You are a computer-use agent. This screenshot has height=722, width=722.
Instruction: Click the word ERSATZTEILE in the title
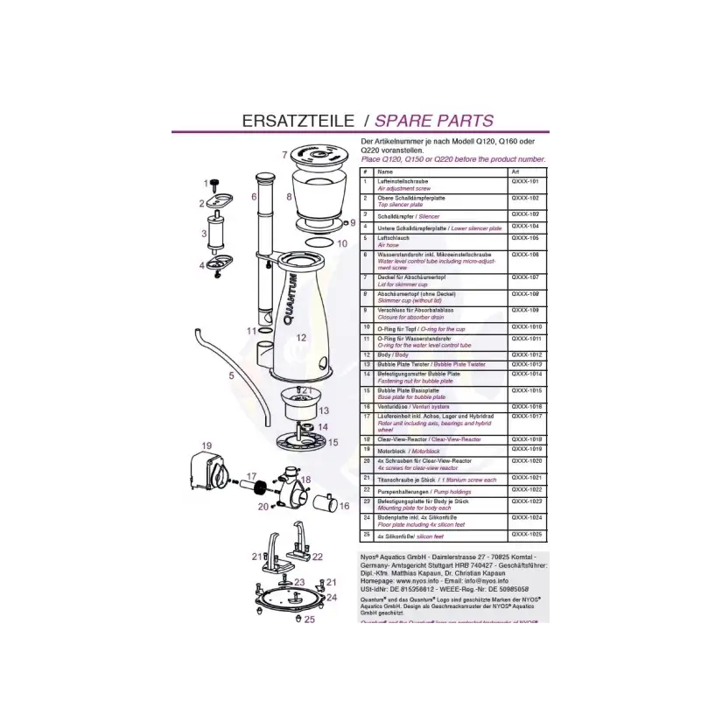tap(288, 121)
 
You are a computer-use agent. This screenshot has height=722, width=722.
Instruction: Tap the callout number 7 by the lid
tap(285, 154)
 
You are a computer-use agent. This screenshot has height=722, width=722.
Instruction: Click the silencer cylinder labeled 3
tap(216, 233)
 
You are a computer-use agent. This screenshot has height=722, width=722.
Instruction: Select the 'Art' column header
tap(514, 172)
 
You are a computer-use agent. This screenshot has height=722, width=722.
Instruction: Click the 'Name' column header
tap(385, 172)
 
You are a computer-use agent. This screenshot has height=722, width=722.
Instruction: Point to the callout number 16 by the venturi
tap(344, 506)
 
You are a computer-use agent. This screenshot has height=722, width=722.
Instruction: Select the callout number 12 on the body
tap(300, 337)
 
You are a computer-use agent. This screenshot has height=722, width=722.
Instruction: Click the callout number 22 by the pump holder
tap(318, 557)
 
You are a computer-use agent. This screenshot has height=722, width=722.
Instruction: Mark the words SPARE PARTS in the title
tap(440, 121)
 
